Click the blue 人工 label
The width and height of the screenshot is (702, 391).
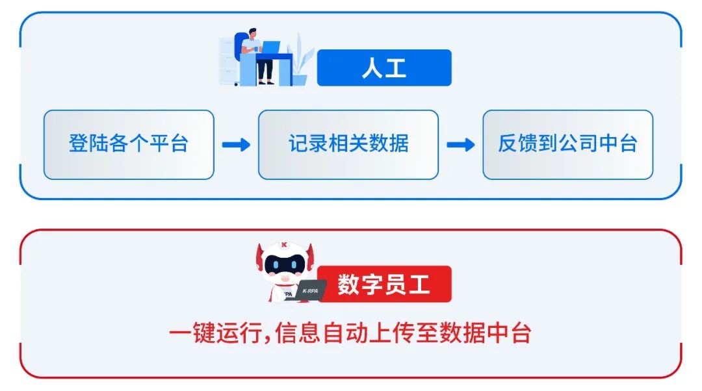[x=384, y=68]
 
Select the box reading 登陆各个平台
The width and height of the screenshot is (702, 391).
[x=129, y=144]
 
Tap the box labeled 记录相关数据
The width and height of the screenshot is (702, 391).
[x=348, y=144]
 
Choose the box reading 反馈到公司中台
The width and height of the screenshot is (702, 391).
[x=567, y=144]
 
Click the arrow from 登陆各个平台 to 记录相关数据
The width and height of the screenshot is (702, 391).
[x=236, y=145]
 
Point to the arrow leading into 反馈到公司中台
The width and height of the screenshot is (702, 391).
[x=460, y=145]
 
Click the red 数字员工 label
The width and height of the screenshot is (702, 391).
[x=384, y=284]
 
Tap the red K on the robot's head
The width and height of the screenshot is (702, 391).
[x=284, y=246]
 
